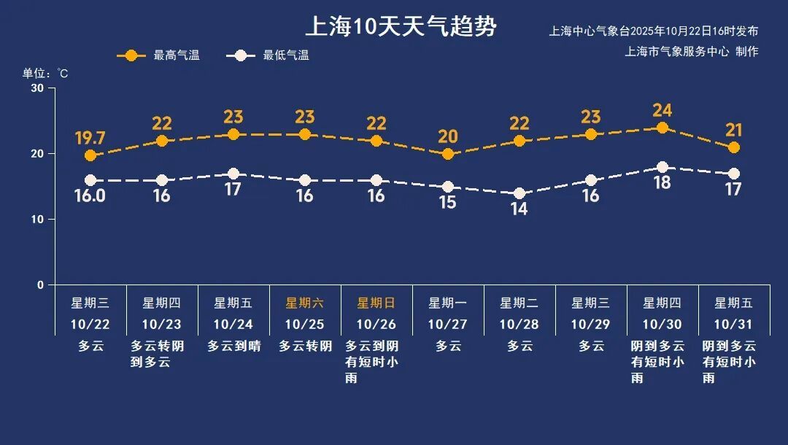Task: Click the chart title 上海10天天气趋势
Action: point(401,27)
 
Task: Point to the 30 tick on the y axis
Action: point(37,88)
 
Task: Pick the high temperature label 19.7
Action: point(90,139)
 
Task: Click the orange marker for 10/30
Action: point(663,128)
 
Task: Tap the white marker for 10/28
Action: point(519,193)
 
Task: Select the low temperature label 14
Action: point(519,209)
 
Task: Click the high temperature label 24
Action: point(663,111)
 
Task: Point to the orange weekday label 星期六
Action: point(304,303)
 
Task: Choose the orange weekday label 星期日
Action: point(376,303)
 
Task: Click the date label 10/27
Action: point(447,324)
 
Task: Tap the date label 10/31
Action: point(733,324)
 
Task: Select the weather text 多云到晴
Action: point(233,346)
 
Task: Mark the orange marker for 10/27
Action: point(448,154)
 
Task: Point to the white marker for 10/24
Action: point(233,174)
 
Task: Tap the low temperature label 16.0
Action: point(90,196)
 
